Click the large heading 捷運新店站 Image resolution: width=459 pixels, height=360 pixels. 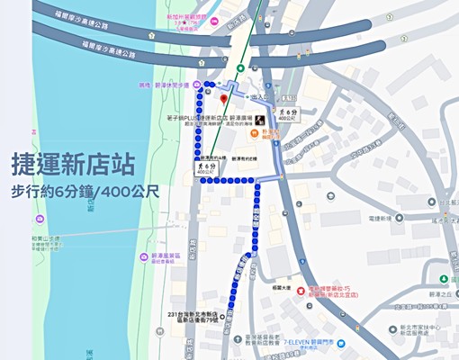pos(73,165)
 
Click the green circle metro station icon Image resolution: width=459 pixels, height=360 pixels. pos(240,68)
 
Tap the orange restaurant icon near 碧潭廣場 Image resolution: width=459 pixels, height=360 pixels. pos(255,135)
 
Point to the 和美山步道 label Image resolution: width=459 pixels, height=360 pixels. pos(43,238)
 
